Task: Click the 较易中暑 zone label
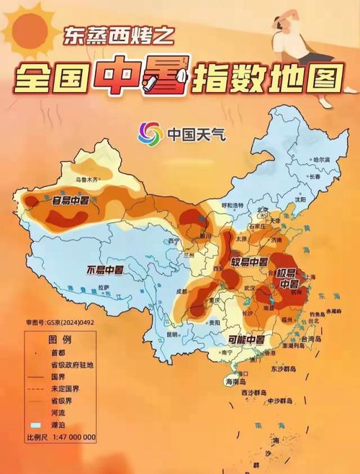[x=249, y=260]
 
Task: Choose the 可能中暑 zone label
[x=246, y=338]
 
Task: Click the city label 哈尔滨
[x=319, y=159]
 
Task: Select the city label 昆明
[x=171, y=334]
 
